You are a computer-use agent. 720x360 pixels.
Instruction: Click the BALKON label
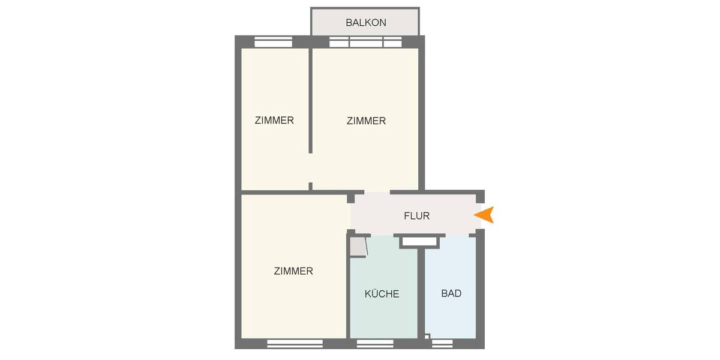pyautogui.click(x=365, y=23)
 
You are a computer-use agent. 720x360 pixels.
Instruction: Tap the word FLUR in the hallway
pyautogui.click(x=416, y=216)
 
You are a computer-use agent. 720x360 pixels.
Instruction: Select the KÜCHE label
pyautogui.click(x=382, y=294)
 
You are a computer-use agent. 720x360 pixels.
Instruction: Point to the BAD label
pyautogui.click(x=451, y=293)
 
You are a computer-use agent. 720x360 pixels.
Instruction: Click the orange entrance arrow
pyautogui.click(x=484, y=215)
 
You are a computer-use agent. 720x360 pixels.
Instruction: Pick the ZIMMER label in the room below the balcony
pyautogui.click(x=366, y=121)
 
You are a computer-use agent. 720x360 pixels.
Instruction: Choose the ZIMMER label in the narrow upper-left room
pyautogui.click(x=274, y=120)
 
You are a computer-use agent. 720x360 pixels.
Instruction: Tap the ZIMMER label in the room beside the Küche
pyautogui.click(x=293, y=271)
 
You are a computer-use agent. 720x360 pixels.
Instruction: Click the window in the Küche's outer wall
pyautogui.click(x=375, y=343)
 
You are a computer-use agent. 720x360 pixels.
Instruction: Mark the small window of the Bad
pyautogui.click(x=442, y=343)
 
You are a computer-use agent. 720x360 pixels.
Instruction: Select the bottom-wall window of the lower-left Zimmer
pyautogui.click(x=295, y=343)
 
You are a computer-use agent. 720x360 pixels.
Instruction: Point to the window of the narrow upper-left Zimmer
pyautogui.click(x=273, y=41)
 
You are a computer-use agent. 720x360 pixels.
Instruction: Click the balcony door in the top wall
pyautogui.click(x=365, y=42)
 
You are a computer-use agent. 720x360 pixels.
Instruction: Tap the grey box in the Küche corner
pyautogui.click(x=358, y=247)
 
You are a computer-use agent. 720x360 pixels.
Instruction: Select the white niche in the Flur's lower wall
pyautogui.click(x=419, y=241)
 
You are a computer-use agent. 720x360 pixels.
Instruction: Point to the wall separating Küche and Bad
pyautogui.click(x=421, y=288)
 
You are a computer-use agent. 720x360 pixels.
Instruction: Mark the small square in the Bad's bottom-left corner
pyautogui.click(x=427, y=336)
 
